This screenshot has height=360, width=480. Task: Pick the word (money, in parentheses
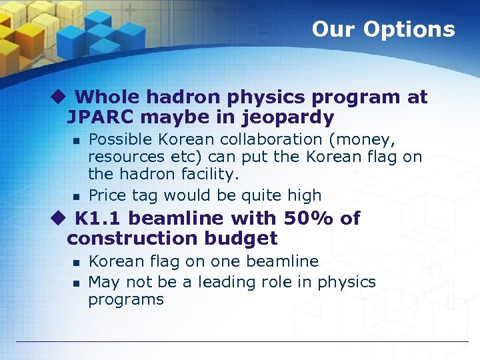[x=365, y=139]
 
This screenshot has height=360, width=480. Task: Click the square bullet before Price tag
[x=77, y=197]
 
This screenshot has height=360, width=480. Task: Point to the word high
[x=303, y=195]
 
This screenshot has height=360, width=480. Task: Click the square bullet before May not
[x=77, y=283]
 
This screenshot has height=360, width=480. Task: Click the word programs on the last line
[x=126, y=300]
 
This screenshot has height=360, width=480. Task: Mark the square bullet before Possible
[x=77, y=141]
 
